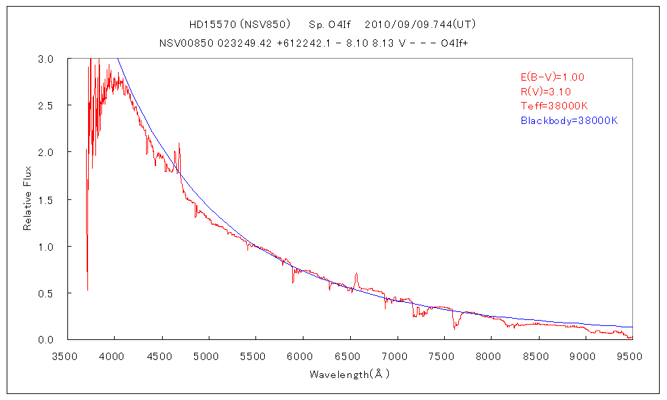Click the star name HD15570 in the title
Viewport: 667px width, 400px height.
coord(209,25)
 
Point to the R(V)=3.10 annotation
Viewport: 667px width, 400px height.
coord(545,92)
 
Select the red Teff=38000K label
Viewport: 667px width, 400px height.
coord(554,107)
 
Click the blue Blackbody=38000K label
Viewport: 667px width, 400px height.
coord(569,121)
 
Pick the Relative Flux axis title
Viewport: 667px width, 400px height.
coord(28,199)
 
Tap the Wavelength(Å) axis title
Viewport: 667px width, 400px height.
coord(349,375)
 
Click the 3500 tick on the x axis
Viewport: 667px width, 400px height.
coord(67,357)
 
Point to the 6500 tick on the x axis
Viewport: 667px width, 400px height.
coord(350,357)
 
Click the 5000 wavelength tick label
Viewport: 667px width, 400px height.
coord(208,357)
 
